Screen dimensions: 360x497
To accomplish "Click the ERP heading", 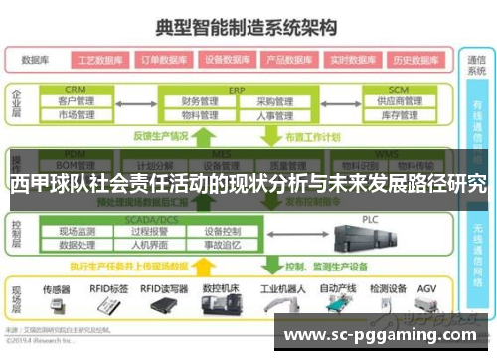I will click(x=236, y=88).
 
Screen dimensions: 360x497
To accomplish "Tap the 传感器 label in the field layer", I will click(x=57, y=288).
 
